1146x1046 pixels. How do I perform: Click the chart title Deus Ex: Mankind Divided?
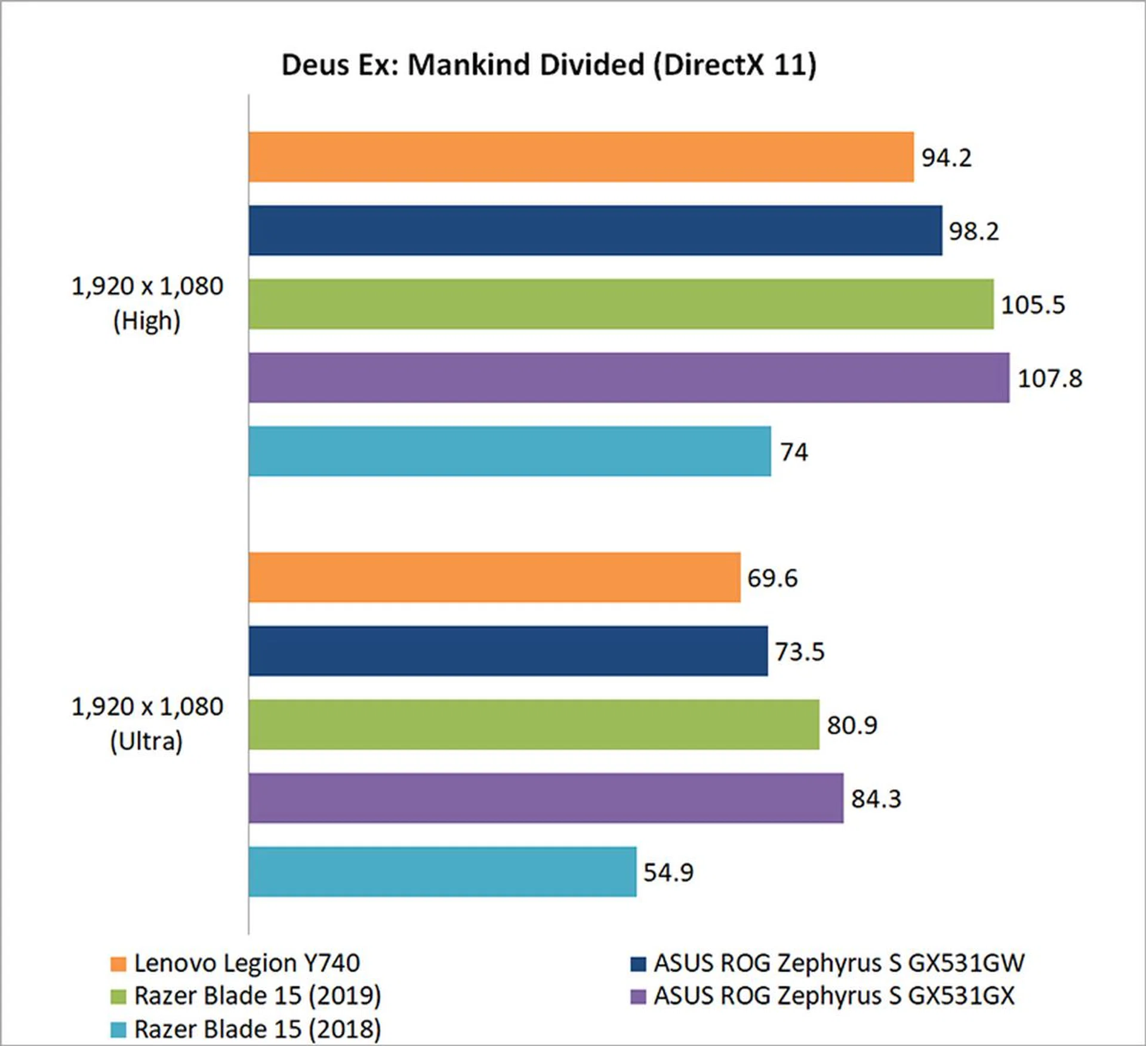coord(549,64)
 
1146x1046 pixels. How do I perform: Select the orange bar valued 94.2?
coord(581,157)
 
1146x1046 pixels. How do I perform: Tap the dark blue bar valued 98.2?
coord(595,230)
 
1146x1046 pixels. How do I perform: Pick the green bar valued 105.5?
coord(621,304)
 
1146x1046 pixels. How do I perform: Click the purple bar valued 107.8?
coord(629,377)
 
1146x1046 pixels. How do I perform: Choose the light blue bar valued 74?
coord(509,451)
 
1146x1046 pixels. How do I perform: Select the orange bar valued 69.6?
coord(494,577)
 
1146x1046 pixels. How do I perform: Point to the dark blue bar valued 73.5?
coord(508,651)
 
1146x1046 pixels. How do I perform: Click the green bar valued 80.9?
coord(534,724)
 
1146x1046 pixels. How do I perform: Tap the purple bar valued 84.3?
coord(546,798)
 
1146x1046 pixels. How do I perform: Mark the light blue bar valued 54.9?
coord(442,871)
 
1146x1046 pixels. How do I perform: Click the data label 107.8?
coord(1049,379)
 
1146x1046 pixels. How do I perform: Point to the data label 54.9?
coord(668,872)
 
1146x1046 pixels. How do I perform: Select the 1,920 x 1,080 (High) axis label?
coord(147,304)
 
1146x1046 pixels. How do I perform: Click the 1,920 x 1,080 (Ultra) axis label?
coord(147,724)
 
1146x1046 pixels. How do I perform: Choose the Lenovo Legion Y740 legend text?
coord(247,963)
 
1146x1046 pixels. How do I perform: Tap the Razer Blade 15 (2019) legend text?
coord(257,996)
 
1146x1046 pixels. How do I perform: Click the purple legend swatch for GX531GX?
coord(638,996)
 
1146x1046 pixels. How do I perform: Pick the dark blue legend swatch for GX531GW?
coord(638,964)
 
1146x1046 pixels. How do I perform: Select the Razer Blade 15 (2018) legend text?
coord(257,1029)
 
